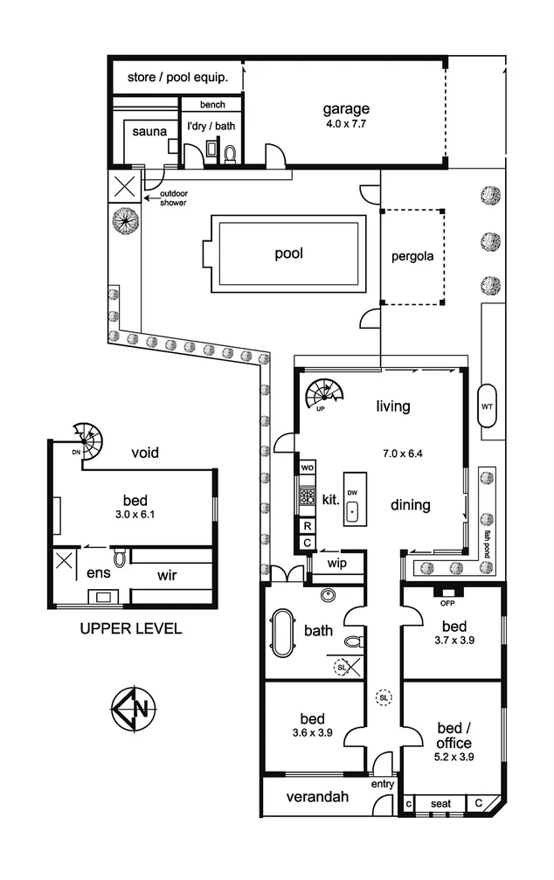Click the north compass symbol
(134, 708)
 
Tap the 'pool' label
(288, 254)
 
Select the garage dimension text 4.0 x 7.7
(346, 124)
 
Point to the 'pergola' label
(412, 257)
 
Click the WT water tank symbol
(488, 406)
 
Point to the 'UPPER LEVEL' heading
(130, 628)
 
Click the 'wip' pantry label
(338, 564)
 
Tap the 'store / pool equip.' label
(178, 77)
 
